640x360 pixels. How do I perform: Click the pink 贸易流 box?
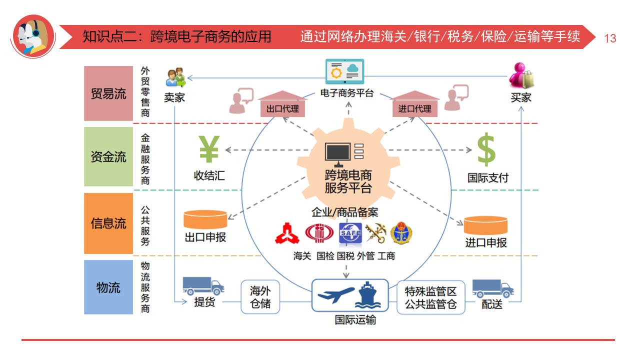[108, 93]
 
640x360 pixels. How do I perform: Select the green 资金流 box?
[108, 157]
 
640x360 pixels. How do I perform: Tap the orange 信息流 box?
[108, 223]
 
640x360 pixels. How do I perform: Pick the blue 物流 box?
[108, 287]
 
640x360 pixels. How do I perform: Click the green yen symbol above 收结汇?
[209, 149]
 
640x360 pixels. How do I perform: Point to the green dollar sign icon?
[486, 149]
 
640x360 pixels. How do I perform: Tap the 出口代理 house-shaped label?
[282, 105]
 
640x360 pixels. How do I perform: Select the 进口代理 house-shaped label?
[414, 105]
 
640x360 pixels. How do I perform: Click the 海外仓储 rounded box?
[260, 297]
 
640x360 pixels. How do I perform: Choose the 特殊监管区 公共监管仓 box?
[430, 297]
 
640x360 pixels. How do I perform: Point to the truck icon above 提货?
[203, 286]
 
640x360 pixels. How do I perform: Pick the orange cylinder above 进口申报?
[485, 225]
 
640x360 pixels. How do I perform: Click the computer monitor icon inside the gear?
[338, 154]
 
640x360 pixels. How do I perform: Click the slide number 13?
[610, 38]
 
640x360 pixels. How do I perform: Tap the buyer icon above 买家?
[521, 75]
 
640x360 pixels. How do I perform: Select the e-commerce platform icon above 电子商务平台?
[345, 72]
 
